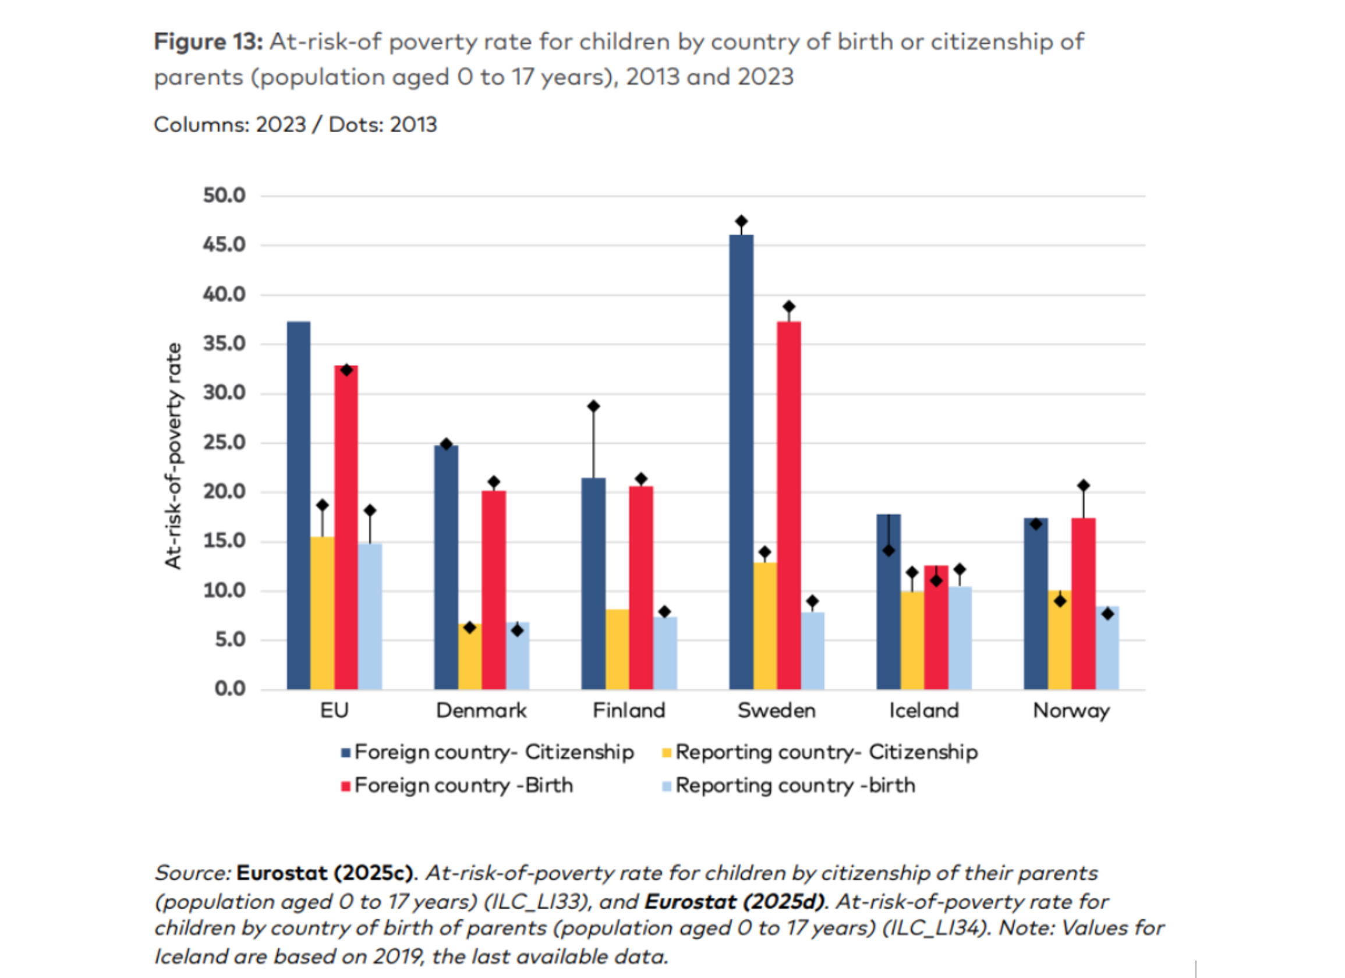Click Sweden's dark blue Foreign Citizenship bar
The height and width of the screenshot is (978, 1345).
(x=741, y=463)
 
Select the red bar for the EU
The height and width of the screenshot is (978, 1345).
(x=346, y=528)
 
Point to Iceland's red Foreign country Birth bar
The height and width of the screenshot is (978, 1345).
(x=936, y=629)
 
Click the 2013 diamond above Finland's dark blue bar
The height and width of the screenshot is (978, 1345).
(x=594, y=406)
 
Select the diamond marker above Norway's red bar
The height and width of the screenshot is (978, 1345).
(x=1084, y=486)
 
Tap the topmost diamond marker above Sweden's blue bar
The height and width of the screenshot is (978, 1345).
(x=741, y=222)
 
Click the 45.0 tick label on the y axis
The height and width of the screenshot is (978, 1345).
(x=224, y=245)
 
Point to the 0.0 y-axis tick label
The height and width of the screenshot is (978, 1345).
(x=230, y=689)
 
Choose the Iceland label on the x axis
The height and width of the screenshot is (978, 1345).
(x=924, y=711)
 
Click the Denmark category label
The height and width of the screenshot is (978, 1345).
(x=481, y=711)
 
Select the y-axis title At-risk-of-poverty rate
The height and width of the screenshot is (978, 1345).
(x=173, y=456)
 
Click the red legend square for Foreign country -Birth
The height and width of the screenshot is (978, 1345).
(x=346, y=787)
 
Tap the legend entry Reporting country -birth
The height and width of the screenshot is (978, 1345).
(x=795, y=786)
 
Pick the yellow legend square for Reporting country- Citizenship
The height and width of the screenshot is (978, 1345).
(x=667, y=753)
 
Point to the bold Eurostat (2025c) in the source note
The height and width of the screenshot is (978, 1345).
(x=324, y=873)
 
